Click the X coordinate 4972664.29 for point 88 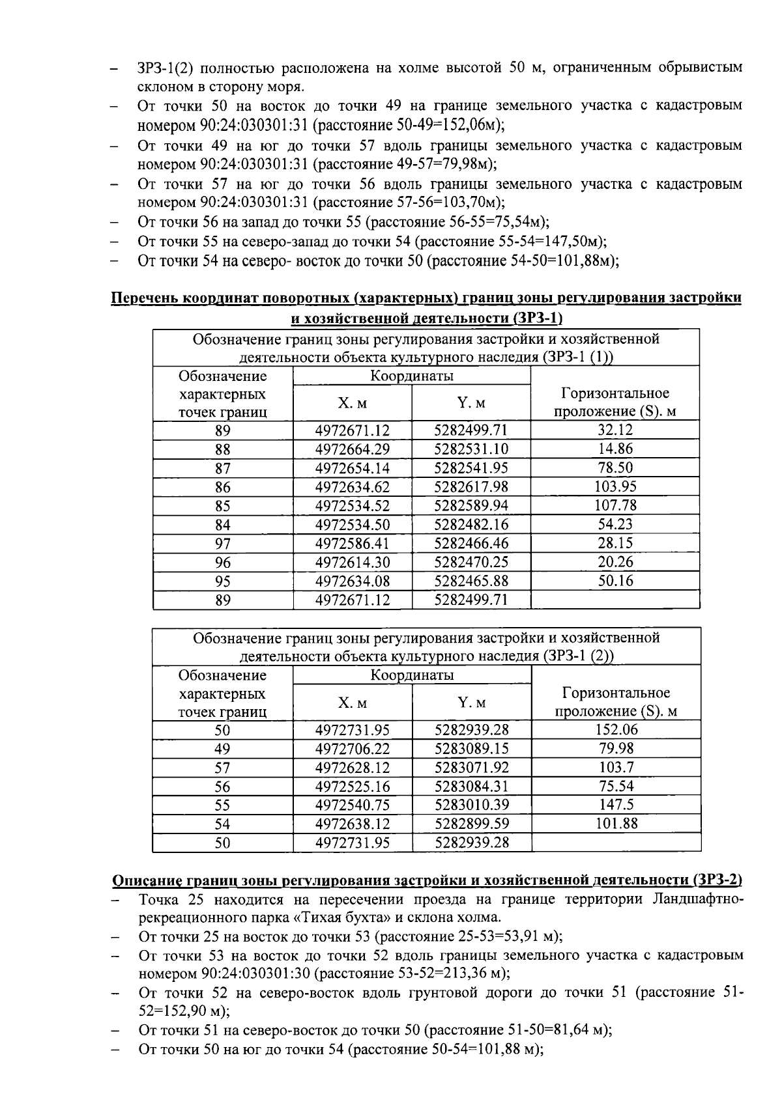tap(352, 449)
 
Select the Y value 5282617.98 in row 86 tap(471, 487)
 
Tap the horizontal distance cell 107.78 tap(615, 505)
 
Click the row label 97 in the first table tap(223, 544)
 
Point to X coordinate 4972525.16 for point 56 tap(353, 787)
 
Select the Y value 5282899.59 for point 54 tap(472, 824)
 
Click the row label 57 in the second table tap(223, 768)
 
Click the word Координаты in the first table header tap(412, 376)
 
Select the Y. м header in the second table tap(472, 703)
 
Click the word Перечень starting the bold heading tap(143, 299)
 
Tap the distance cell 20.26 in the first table tap(615, 562)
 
